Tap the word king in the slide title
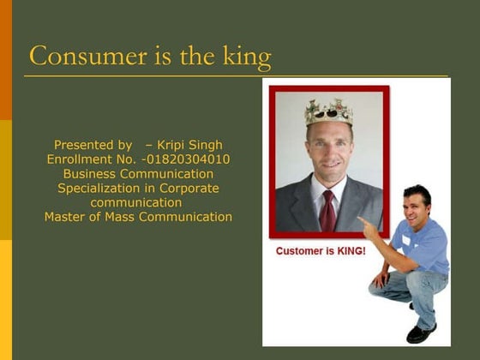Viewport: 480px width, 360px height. pos(248,57)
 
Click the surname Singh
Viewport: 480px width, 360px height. pos(207,145)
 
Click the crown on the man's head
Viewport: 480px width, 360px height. pos(328,111)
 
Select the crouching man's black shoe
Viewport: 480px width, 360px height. pos(421,333)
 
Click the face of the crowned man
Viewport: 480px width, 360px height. pos(329,147)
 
